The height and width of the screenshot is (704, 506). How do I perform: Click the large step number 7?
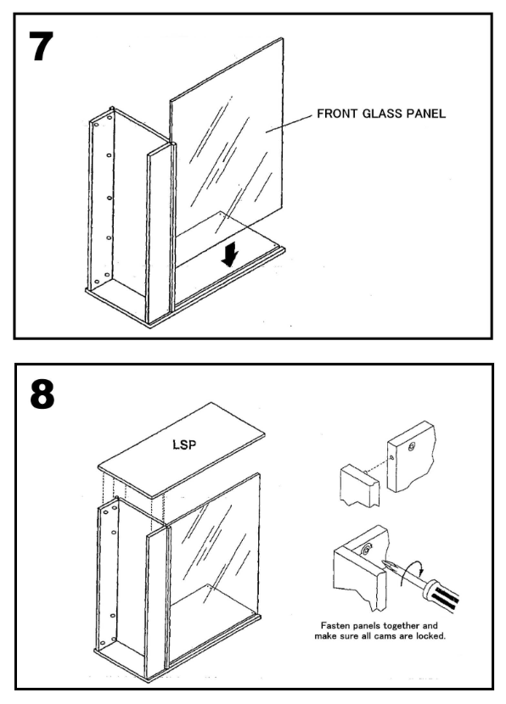(x=41, y=47)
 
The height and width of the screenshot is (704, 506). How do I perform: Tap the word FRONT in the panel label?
(x=333, y=114)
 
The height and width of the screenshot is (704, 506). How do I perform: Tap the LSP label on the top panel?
(x=185, y=444)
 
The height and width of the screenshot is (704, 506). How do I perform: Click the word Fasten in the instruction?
(x=334, y=625)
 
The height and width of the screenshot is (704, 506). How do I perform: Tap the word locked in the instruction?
(x=431, y=636)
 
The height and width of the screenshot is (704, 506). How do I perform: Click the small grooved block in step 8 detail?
(x=360, y=486)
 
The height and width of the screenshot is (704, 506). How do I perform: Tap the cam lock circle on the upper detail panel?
(x=412, y=447)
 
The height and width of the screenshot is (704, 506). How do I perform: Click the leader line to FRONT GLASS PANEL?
(x=288, y=124)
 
